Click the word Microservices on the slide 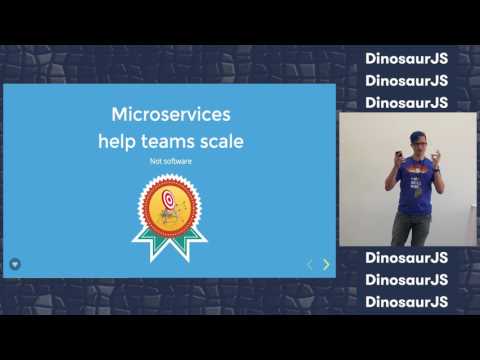click(x=169, y=114)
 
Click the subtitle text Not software click(x=169, y=160)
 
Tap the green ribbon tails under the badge click(x=170, y=238)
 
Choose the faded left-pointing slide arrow click(x=309, y=264)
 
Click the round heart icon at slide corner click(x=15, y=263)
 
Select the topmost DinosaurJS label click(x=406, y=58)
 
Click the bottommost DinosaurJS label click(x=406, y=301)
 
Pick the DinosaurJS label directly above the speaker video click(x=406, y=102)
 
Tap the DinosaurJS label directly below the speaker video click(x=406, y=257)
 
